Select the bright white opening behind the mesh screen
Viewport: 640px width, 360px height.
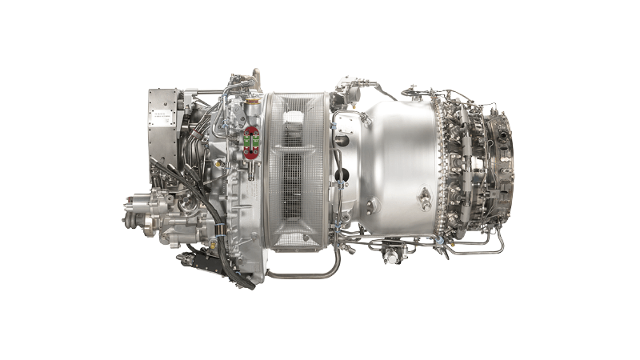[293, 120]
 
